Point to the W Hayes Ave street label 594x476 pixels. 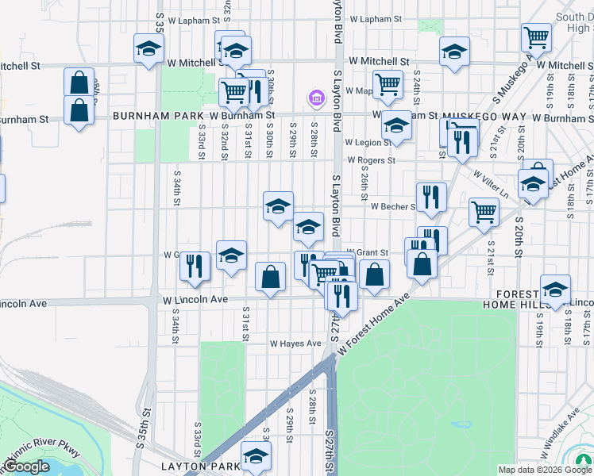pos(295,344)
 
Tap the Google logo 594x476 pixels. pos(26,466)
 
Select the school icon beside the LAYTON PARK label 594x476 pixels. pos(256,455)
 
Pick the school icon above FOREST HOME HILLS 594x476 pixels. pos(555,290)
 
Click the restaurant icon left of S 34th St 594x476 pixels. pos(195,267)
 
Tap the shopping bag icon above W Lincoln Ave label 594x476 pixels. pos(270,278)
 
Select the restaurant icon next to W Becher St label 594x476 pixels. pos(431,198)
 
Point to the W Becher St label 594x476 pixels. pos(393,206)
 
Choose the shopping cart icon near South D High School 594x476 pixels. pos(536,36)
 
